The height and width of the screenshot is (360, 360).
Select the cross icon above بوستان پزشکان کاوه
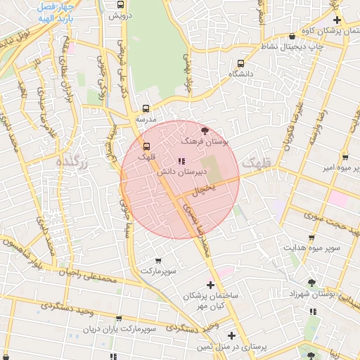tap(337, 20)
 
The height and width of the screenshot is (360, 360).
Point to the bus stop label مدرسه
tap(146, 120)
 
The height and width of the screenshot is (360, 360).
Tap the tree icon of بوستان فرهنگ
tap(205, 131)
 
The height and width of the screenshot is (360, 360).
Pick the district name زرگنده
tap(73, 162)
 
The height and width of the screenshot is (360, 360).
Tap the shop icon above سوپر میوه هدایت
tap(311, 238)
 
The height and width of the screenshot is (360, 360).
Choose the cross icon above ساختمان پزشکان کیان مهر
tap(210, 285)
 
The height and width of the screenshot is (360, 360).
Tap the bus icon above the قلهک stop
tap(146, 146)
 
